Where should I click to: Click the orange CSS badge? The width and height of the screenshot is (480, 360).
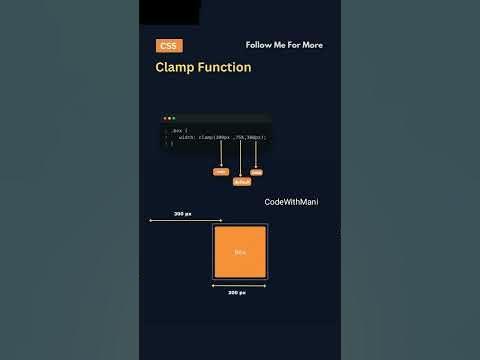tap(170, 46)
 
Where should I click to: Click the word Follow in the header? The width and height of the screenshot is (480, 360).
tap(258, 45)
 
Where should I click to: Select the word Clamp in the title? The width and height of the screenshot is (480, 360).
tap(175, 68)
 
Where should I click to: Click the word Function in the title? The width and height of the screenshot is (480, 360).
tap(224, 68)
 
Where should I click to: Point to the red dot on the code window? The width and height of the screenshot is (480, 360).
tap(165, 118)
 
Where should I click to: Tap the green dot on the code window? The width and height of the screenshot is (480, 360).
tap(173, 118)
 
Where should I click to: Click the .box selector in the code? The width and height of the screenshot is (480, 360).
tap(177, 130)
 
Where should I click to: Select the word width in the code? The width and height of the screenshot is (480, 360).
tap(187, 137)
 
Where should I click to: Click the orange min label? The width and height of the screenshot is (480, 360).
tap(221, 171)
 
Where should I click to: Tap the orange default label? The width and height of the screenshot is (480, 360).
tap(241, 182)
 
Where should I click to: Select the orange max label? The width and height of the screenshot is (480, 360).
tap(257, 172)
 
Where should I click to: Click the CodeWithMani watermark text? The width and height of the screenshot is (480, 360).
tap(291, 202)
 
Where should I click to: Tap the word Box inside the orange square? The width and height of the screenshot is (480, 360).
tap(240, 252)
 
